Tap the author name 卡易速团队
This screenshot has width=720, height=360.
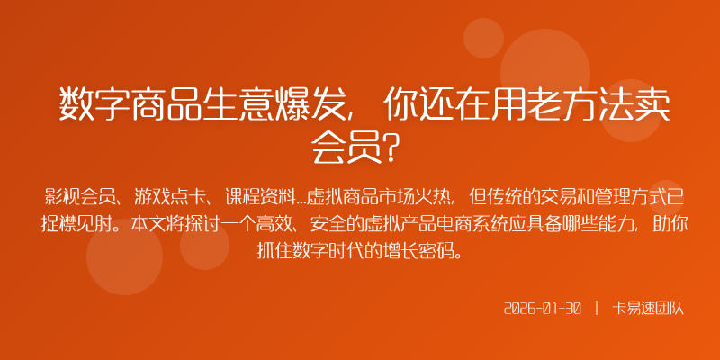pos(648,309)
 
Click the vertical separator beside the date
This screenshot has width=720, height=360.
pos(597,309)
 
